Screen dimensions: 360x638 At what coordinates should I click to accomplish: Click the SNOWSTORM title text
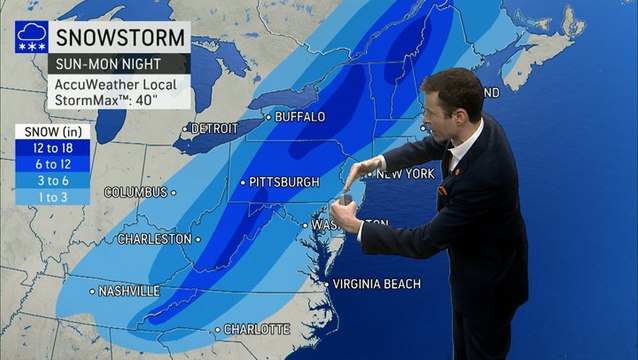121,38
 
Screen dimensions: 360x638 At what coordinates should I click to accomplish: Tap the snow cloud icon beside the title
31,37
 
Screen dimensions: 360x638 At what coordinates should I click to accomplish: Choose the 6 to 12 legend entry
53,164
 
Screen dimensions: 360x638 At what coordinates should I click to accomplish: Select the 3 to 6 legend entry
53,180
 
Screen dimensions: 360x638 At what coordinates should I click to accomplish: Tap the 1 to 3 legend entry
53,196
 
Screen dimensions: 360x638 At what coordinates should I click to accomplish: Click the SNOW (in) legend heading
51,131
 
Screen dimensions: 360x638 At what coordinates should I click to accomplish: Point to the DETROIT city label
214,129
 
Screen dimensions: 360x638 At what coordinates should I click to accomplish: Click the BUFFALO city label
300,117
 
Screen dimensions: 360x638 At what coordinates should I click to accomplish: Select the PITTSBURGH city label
285,182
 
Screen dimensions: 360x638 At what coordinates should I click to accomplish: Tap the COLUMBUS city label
136,191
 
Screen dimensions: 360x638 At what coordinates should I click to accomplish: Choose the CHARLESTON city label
155,239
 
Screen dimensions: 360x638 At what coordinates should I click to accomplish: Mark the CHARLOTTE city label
257,329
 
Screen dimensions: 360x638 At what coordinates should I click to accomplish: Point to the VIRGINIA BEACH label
376,284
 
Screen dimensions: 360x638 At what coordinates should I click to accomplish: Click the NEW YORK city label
405,173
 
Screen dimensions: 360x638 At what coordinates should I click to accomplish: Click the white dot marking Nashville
93,292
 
